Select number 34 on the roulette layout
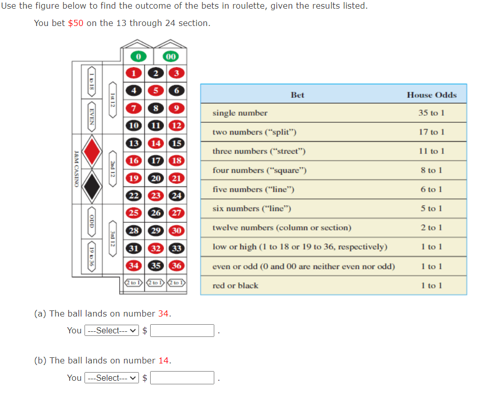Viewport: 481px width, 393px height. (x=134, y=266)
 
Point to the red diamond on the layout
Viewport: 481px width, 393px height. (x=92, y=152)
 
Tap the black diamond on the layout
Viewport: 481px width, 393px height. (x=92, y=187)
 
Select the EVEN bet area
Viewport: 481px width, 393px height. (x=92, y=118)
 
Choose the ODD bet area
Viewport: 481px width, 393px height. (x=92, y=222)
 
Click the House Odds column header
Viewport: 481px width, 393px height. (x=432, y=95)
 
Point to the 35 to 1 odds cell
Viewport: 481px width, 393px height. (x=432, y=113)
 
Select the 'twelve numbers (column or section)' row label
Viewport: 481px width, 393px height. (x=281, y=228)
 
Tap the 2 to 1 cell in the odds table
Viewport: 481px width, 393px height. (x=432, y=228)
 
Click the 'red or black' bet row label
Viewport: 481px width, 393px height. (x=235, y=285)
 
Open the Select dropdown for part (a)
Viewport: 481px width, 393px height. (x=111, y=331)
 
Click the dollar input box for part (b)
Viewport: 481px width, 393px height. (x=182, y=378)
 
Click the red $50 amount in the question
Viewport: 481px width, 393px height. (x=75, y=23)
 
